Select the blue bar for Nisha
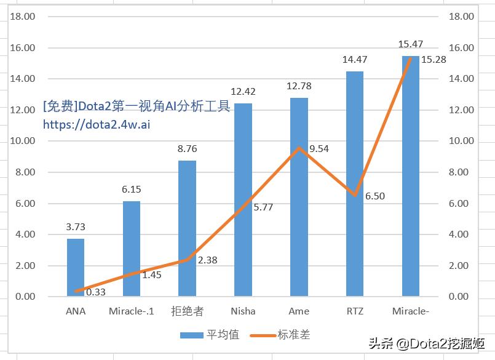[x=243, y=199]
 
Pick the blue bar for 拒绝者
[x=187, y=228]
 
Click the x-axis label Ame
[x=299, y=311]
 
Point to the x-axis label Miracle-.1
[x=131, y=311]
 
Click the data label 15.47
[x=411, y=44]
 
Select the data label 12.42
[x=243, y=92]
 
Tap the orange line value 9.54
[x=319, y=148]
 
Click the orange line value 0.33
[x=96, y=292]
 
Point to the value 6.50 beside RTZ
[x=375, y=196]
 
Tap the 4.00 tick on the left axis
[x=25, y=234]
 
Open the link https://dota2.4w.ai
[x=97, y=124]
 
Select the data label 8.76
[x=187, y=148]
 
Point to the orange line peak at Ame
[x=299, y=148]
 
